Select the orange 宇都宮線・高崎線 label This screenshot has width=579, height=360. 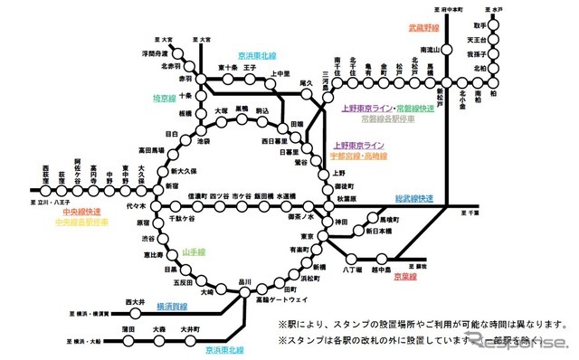point(360,156)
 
